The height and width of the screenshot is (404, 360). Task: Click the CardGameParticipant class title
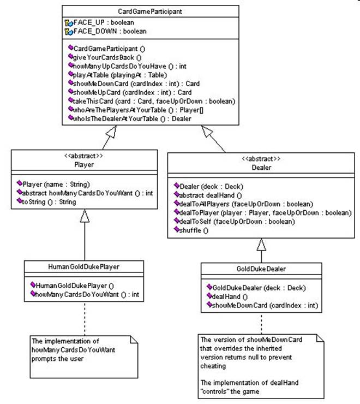click(x=150, y=11)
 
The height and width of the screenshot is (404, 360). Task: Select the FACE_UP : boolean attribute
click(x=104, y=22)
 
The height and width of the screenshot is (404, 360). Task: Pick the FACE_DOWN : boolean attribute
click(x=110, y=31)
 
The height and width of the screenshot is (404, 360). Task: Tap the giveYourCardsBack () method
click(x=107, y=57)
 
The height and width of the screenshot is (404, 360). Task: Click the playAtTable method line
click(x=120, y=75)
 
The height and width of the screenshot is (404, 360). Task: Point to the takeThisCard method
click(x=154, y=101)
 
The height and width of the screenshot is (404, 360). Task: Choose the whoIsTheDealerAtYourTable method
click(x=132, y=119)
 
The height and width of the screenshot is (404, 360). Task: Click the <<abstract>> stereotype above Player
click(x=83, y=156)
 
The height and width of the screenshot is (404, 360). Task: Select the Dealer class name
click(x=261, y=168)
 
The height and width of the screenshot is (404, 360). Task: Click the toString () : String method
click(x=49, y=202)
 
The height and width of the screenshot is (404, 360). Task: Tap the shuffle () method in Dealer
click(x=194, y=230)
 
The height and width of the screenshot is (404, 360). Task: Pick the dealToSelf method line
click(x=237, y=221)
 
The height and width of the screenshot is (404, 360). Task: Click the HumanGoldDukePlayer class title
click(x=83, y=266)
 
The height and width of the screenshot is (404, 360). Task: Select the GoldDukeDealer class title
click(x=261, y=269)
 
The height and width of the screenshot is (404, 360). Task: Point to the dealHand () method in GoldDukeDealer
click(x=230, y=296)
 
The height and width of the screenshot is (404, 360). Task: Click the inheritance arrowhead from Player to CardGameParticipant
click(x=111, y=132)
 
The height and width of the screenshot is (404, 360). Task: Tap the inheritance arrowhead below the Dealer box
click(x=261, y=245)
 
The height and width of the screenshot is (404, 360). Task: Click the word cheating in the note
click(x=213, y=366)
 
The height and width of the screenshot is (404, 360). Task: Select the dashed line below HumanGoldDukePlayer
click(x=85, y=318)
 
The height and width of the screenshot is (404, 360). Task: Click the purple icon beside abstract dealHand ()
click(x=176, y=194)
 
